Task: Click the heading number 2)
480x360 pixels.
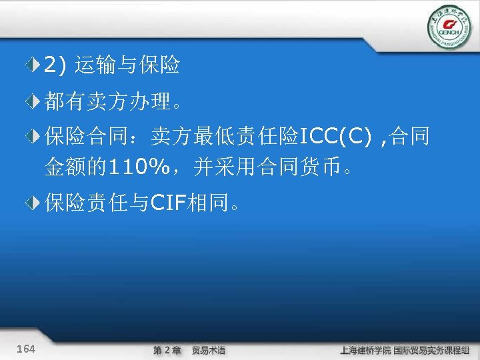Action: pyautogui.click(x=55, y=65)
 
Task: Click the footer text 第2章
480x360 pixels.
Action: pyautogui.click(x=167, y=350)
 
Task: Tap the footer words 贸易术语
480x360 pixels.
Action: pyautogui.click(x=209, y=350)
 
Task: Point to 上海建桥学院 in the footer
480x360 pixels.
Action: pyautogui.click(x=365, y=350)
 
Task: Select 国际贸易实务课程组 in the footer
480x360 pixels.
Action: pyautogui.click(x=431, y=350)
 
